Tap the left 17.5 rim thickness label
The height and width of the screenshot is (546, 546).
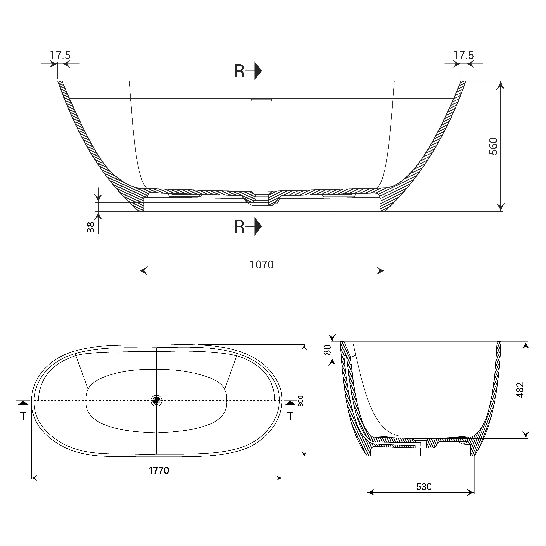click(x=60, y=55)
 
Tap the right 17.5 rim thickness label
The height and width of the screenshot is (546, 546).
click(x=463, y=55)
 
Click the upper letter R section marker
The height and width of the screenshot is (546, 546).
click(x=239, y=72)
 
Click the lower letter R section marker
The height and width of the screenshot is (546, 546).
click(x=239, y=227)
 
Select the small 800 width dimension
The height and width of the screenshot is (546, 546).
click(x=301, y=401)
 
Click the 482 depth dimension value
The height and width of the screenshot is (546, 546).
click(x=520, y=390)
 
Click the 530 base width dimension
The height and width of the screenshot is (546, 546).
click(x=424, y=487)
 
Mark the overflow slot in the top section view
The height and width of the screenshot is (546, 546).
click(x=261, y=100)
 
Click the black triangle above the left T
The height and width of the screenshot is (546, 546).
click(x=23, y=403)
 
